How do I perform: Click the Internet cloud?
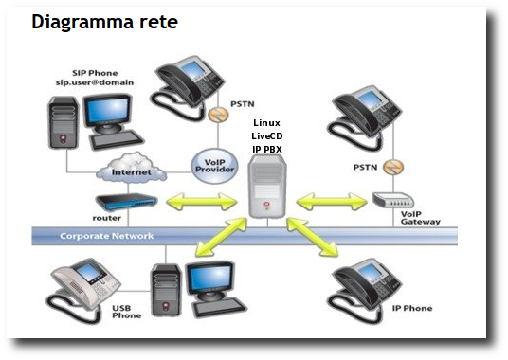tap(131, 168)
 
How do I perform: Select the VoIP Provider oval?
tap(214, 166)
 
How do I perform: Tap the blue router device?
tap(127, 202)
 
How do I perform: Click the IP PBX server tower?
tap(267, 186)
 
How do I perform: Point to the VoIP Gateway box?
tap(393, 200)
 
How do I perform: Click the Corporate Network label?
tap(106, 236)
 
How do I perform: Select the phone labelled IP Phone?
tap(365, 290)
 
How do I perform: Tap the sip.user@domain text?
tap(95, 82)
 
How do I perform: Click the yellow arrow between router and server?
tap(202, 202)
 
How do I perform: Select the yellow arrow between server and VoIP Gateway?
tap(331, 202)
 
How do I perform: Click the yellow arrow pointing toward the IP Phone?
tap(313, 237)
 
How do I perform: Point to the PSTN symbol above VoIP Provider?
tap(218, 115)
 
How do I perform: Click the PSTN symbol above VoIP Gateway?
tap(393, 168)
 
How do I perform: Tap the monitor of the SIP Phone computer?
tap(108, 113)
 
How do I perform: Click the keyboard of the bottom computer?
tap(220, 307)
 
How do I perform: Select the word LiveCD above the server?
tap(267, 136)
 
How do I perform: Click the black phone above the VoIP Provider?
tap(187, 87)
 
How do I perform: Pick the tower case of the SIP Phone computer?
tap(63, 123)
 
